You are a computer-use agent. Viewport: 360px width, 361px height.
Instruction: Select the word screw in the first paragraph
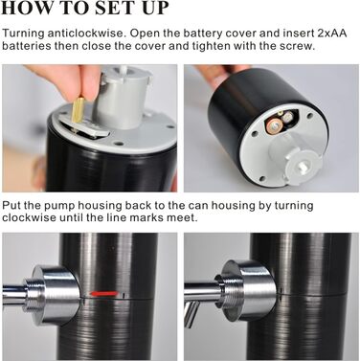click(296, 46)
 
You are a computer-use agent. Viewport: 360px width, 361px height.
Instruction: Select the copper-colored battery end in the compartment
click(275, 126)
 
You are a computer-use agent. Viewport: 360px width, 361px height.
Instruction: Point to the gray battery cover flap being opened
click(83, 128)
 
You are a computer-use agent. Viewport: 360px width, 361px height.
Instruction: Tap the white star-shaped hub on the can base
click(301, 166)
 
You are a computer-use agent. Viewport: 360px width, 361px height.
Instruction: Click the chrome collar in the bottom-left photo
click(55, 294)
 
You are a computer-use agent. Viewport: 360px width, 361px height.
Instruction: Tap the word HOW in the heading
click(24, 8)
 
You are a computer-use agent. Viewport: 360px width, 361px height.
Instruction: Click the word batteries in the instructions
click(27, 46)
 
